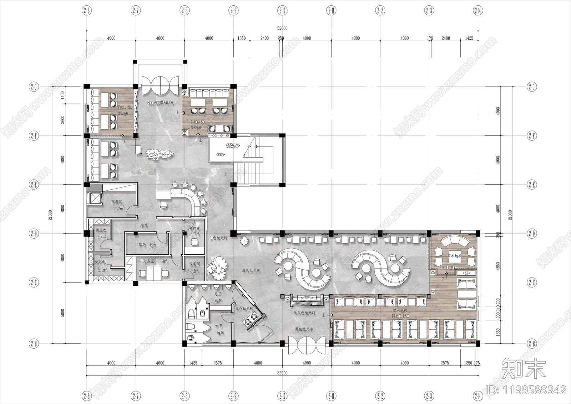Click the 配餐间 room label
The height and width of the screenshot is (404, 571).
(117, 202)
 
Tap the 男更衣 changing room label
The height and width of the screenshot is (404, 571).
(101, 230)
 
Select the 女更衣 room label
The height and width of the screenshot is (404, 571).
(100, 262)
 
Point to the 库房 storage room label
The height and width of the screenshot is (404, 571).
(142, 245)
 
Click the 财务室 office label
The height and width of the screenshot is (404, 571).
(148, 261)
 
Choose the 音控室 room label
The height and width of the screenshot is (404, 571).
(194, 228)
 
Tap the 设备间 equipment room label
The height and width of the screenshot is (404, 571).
(194, 264)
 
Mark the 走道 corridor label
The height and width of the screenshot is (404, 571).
(144, 225)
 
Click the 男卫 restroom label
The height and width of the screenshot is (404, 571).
(218, 294)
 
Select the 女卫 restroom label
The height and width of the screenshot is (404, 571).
(219, 326)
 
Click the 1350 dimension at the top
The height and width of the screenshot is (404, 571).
(242, 38)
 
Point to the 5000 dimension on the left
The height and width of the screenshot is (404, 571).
(63, 313)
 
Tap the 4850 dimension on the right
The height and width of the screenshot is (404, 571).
(498, 266)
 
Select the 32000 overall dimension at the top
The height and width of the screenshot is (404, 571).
(282, 28)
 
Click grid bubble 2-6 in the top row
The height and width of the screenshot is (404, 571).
(87, 10)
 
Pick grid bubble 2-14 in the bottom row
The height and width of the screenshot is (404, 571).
(478, 395)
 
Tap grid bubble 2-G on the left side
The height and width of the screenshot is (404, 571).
(34, 87)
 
